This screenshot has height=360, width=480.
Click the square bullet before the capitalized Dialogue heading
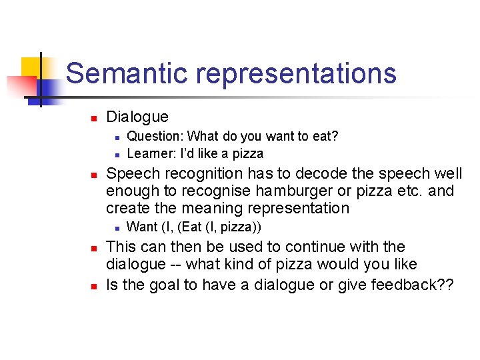(94, 118)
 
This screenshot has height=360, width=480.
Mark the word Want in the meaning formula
(142, 227)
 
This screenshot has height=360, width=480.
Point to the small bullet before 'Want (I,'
(116, 228)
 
